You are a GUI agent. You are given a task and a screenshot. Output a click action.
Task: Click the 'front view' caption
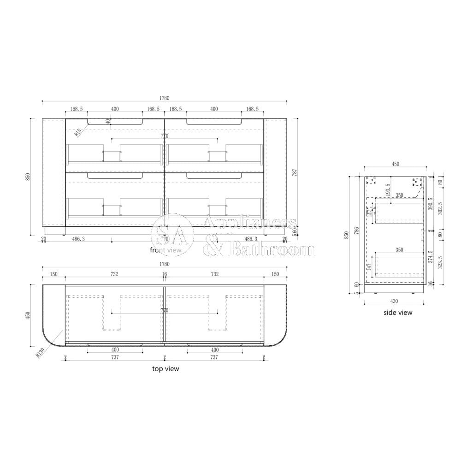165,250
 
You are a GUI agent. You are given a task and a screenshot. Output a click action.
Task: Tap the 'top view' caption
165,369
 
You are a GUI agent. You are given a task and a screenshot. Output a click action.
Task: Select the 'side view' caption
398,313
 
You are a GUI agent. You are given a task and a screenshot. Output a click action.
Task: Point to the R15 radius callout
78,132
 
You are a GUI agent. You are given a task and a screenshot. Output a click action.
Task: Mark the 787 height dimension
295,173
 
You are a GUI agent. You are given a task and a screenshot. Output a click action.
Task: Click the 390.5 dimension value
431,204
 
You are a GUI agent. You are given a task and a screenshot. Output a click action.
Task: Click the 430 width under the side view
395,301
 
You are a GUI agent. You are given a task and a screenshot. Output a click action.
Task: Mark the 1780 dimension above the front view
165,98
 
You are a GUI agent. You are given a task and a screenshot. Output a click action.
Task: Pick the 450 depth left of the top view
27,315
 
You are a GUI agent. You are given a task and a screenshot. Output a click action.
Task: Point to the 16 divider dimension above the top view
165,274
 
